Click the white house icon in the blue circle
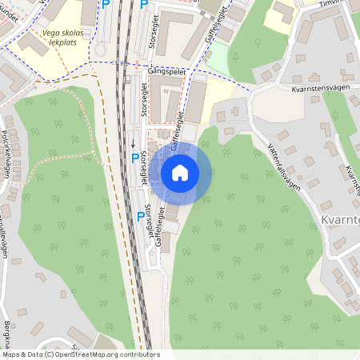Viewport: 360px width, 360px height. click(180, 172)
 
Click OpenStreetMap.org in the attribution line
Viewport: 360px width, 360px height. click(84, 354)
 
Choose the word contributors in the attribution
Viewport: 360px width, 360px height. click(136, 354)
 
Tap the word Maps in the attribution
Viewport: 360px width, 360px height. click(11, 354)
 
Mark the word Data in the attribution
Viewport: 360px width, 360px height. click(34, 354)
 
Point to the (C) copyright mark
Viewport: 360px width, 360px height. click(50, 354)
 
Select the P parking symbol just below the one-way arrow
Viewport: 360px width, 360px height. click(134, 158)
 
